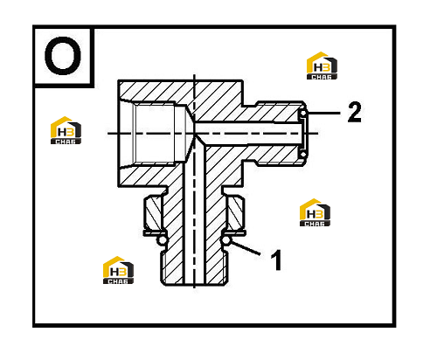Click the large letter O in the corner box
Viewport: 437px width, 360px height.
(63, 55)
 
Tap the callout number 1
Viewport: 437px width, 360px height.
(276, 260)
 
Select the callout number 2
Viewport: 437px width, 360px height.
(355, 112)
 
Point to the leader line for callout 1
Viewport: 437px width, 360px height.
(245, 248)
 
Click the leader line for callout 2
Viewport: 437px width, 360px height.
(323, 113)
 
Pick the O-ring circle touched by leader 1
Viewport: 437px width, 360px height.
(226, 240)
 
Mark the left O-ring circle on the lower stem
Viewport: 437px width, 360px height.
(162, 240)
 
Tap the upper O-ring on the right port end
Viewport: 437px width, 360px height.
(303, 114)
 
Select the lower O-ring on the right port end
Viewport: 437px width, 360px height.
(303, 154)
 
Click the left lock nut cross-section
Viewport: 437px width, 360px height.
(152, 212)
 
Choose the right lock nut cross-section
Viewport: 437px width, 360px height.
(236, 212)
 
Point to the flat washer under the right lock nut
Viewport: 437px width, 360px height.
(233, 232)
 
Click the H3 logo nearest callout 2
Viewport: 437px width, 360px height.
(322, 66)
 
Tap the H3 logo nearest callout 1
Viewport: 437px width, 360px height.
(315, 212)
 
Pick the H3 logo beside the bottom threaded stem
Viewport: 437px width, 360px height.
(118, 270)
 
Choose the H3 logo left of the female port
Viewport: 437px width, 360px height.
(66, 130)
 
